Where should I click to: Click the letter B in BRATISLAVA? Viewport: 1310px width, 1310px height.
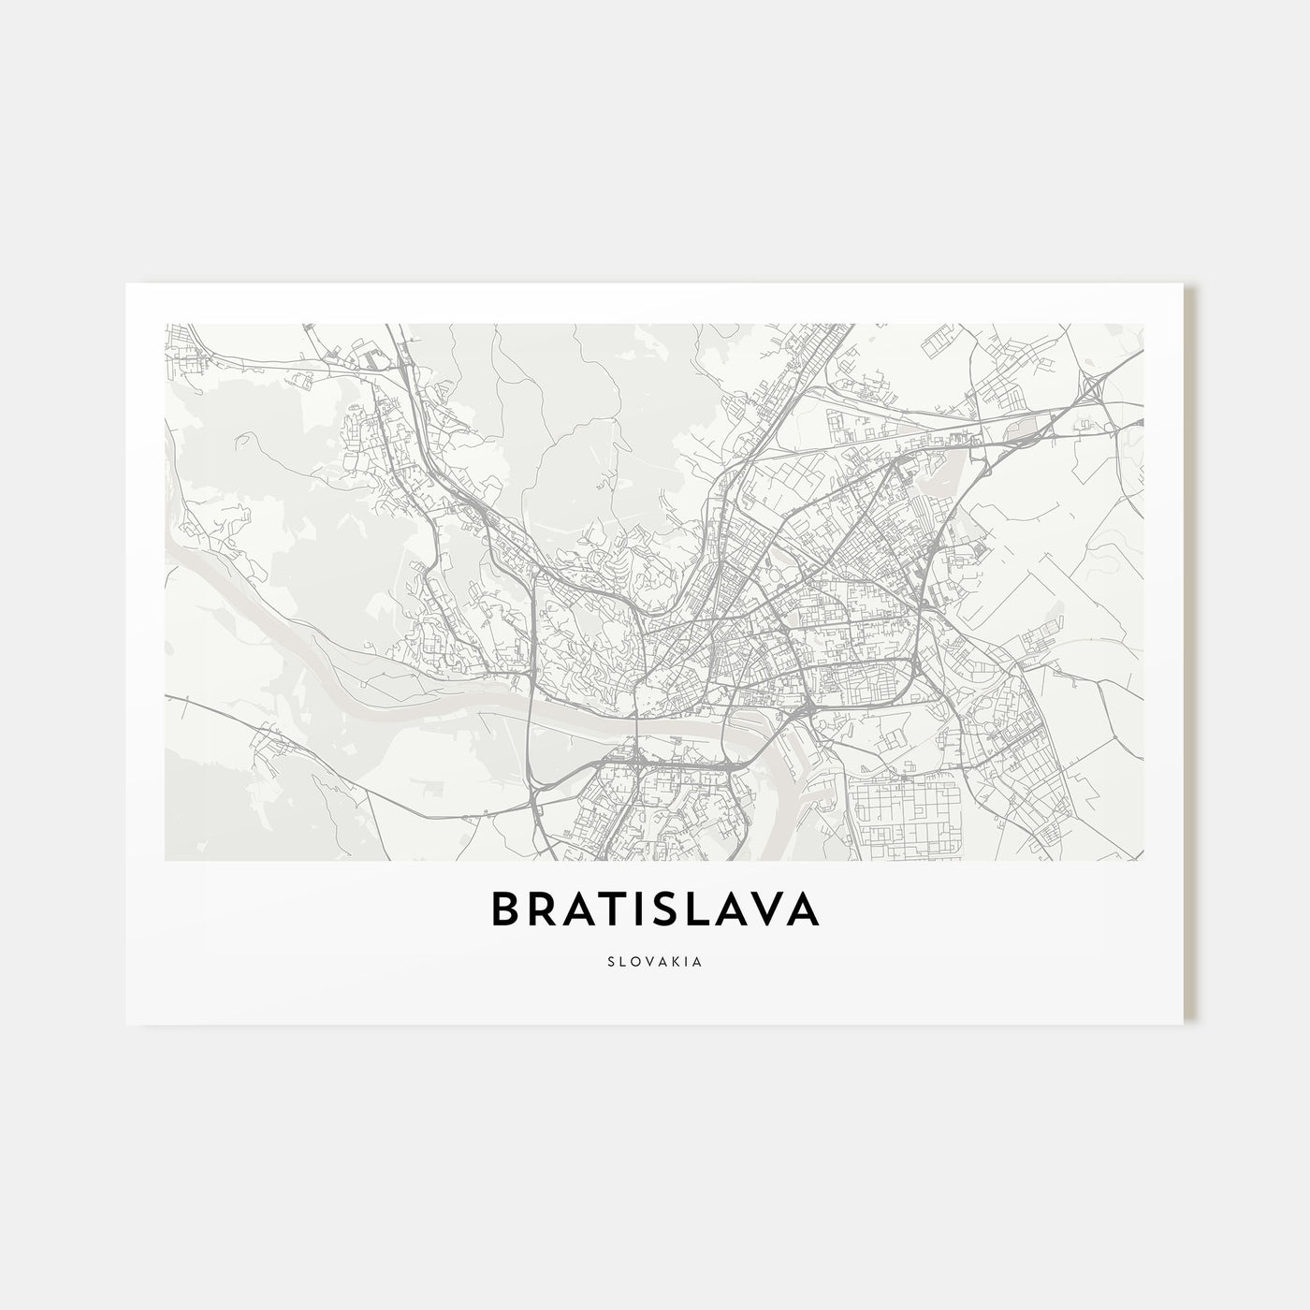tap(506, 910)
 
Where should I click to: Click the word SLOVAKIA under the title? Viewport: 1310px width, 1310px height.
tap(655, 959)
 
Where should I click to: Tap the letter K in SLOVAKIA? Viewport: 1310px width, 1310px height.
tap(675, 959)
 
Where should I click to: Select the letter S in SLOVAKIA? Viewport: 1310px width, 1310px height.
tap(609, 959)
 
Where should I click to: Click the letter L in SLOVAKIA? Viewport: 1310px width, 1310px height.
tap(621, 959)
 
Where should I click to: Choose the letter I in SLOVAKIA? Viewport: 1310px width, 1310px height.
tap(687, 959)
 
